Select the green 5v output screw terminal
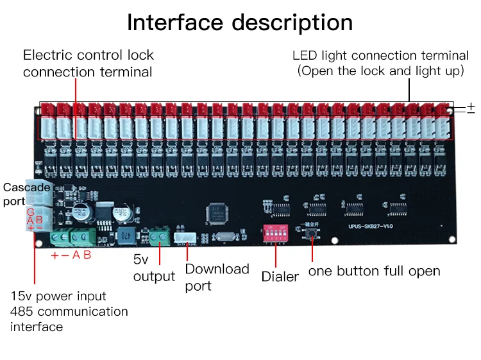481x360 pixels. pyautogui.click(x=158, y=237)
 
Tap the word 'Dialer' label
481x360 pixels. pyautogui.click(x=280, y=277)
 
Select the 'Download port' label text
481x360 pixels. pyautogui.click(x=217, y=277)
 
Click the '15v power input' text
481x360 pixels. pyautogui.click(x=58, y=296)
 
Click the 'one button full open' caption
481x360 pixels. pyautogui.click(x=374, y=271)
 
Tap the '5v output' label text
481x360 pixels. pyautogui.click(x=154, y=268)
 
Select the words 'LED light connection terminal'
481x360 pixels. pyautogui.click(x=378, y=55)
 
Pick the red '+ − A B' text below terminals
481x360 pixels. pyautogui.click(x=71, y=254)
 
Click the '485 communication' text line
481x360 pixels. pyautogui.click(x=69, y=311)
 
